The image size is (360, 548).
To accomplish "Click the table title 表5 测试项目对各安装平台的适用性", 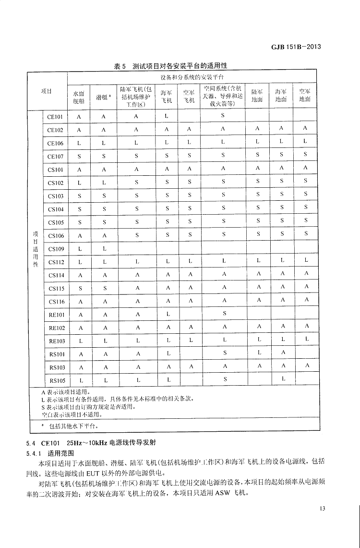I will coord(170,66).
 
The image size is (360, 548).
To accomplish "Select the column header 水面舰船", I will coord(78,95).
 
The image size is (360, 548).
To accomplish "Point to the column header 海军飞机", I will coord(166,95).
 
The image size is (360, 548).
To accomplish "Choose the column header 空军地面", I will coord(305,95).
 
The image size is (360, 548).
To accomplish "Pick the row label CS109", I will coord(56,249).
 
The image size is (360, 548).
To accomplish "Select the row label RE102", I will coord(56,328).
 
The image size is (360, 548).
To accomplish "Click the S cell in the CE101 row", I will coord(223,116).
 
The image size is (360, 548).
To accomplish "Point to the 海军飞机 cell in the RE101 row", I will coord(167,314).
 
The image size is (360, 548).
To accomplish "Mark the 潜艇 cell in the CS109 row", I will coord(103,249).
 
